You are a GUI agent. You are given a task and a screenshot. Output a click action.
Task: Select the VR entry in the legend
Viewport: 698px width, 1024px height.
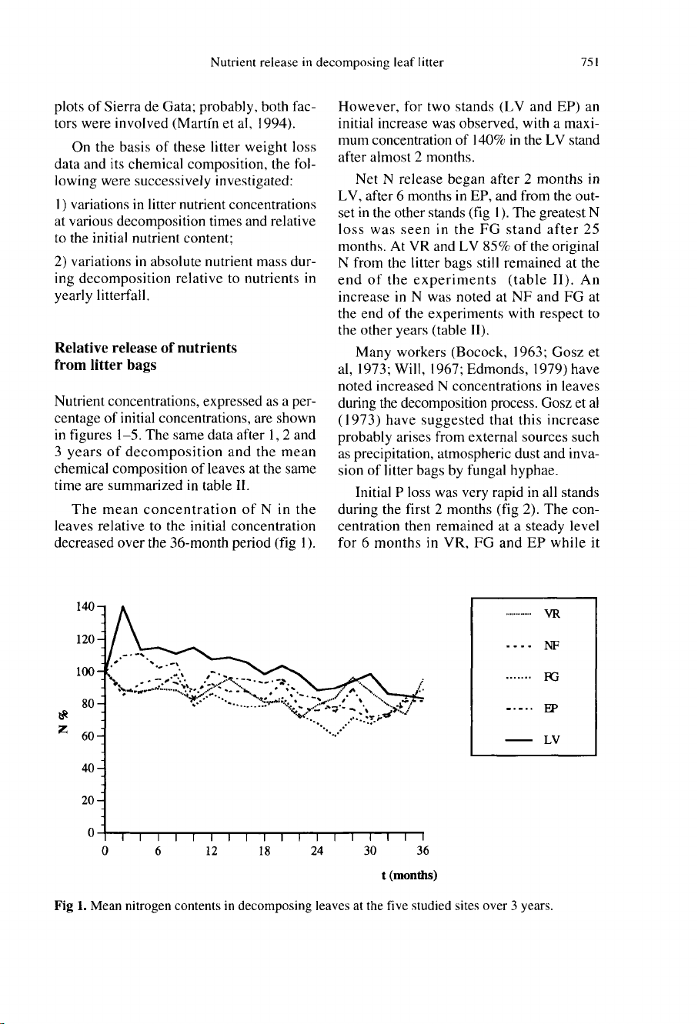[551, 615]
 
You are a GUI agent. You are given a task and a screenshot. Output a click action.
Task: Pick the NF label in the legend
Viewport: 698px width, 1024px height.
[551, 645]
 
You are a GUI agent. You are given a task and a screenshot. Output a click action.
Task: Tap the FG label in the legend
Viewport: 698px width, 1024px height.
[551, 677]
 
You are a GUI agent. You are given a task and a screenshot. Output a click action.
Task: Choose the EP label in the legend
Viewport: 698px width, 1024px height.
[551, 709]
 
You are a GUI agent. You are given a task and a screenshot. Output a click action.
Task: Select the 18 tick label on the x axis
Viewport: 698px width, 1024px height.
[262, 851]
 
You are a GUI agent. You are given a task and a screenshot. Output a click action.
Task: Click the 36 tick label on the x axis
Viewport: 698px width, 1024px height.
[422, 851]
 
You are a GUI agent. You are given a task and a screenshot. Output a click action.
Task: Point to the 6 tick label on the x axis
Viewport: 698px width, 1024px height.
[157, 851]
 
